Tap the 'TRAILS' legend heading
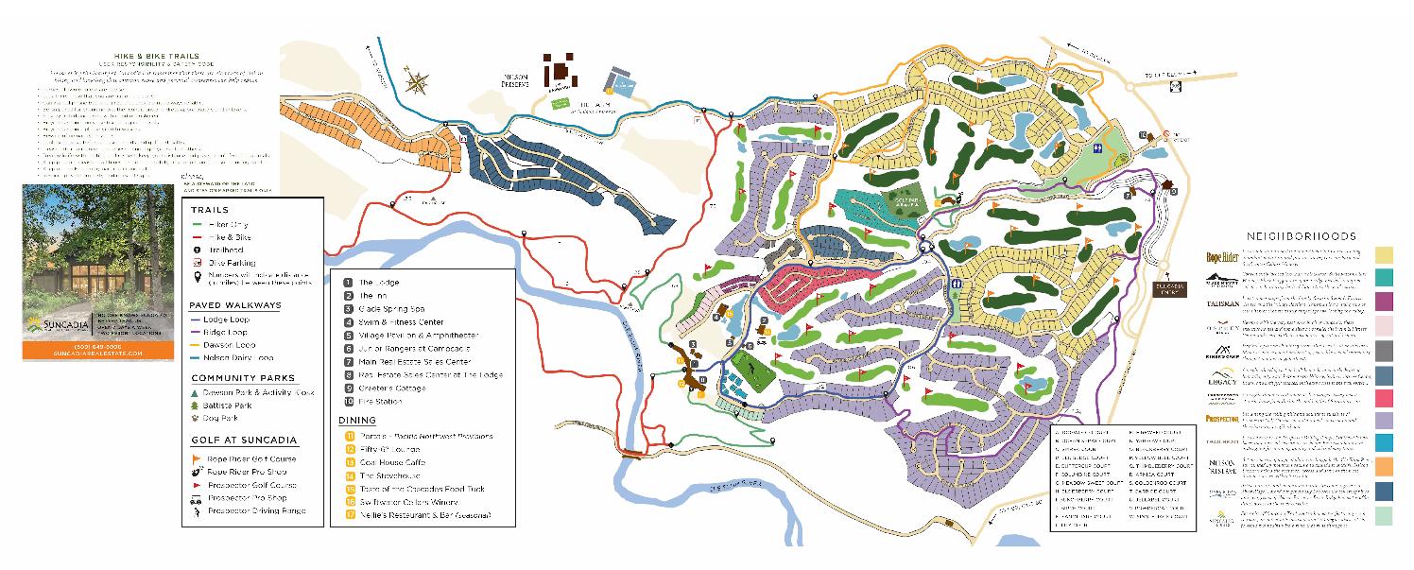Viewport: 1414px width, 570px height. (209, 210)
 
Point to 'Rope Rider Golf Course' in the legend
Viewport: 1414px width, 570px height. (248, 458)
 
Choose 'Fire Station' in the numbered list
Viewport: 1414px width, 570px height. (380, 402)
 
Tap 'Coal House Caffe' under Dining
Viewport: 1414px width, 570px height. (392, 462)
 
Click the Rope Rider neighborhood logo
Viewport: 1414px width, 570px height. (1223, 256)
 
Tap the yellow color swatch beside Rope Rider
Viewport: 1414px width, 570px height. (1385, 255)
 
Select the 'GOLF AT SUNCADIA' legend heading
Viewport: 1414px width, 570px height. (244, 440)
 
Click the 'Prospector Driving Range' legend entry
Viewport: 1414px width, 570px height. (253, 510)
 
